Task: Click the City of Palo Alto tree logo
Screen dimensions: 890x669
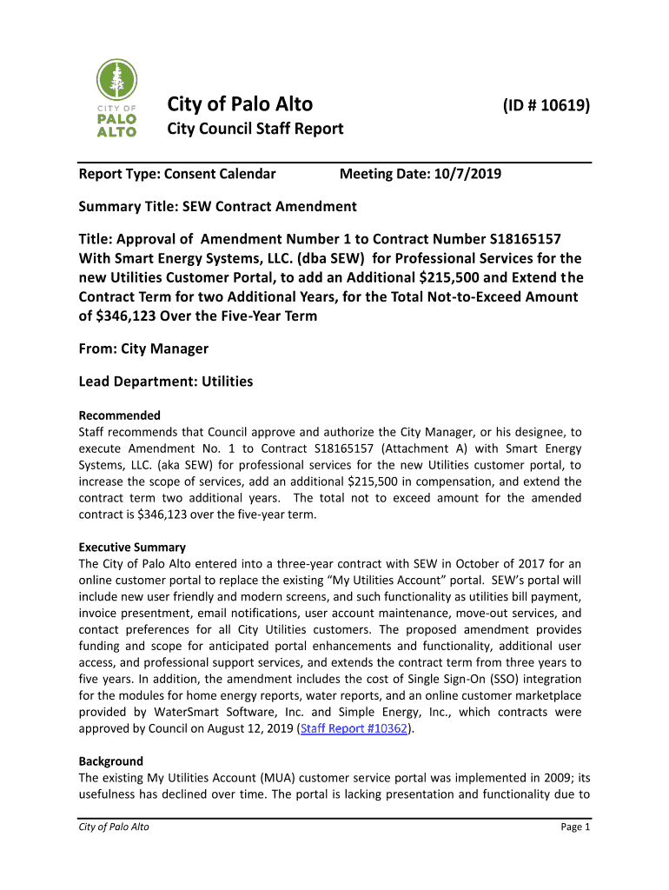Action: click(116, 98)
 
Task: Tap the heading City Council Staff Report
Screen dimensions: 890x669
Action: click(255, 130)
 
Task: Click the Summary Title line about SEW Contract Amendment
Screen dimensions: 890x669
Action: click(217, 207)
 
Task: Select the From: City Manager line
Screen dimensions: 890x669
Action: click(143, 349)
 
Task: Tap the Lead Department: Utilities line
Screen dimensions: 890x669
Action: click(166, 381)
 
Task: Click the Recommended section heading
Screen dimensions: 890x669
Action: click(120, 415)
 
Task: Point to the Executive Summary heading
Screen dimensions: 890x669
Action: click(132, 548)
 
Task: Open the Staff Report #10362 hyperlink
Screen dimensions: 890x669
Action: click(354, 728)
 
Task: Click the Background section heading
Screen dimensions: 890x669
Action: click(110, 761)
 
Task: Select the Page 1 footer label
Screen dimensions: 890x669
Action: click(575, 827)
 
